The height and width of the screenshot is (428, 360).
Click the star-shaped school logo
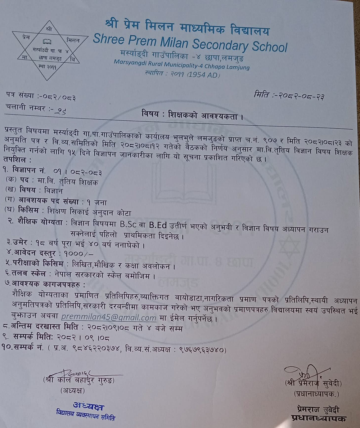click(x=50, y=50)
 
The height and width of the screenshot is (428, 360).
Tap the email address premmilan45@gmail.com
click(x=108, y=318)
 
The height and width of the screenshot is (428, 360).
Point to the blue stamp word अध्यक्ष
click(x=89, y=407)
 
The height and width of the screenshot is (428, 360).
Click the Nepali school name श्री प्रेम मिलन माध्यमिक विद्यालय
click(x=187, y=27)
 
